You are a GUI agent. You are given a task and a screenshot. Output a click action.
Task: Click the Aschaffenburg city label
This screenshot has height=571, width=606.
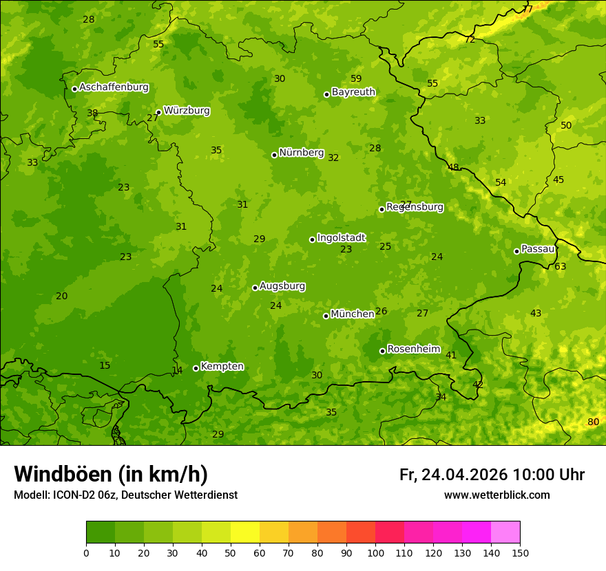tap(114, 87)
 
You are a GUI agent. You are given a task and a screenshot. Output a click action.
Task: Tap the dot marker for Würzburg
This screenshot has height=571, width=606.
tap(158, 112)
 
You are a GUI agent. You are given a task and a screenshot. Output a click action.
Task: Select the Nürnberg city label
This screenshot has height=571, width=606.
tap(301, 153)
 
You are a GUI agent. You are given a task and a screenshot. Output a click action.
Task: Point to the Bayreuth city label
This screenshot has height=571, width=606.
tap(353, 92)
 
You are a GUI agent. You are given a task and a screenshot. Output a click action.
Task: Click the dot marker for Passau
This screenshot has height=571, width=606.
tap(516, 251)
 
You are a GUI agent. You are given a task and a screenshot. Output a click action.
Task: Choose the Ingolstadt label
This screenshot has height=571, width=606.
tap(341, 238)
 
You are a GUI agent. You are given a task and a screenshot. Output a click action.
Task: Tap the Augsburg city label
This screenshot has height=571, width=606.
tap(282, 286)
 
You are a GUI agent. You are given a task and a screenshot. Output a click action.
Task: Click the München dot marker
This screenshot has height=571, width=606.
tap(326, 316)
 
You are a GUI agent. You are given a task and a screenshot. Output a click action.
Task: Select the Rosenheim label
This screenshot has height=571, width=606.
tap(413, 349)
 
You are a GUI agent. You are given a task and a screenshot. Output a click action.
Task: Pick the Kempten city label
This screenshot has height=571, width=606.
tap(222, 367)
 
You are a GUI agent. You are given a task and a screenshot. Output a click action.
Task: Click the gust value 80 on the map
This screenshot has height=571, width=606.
tap(593, 422)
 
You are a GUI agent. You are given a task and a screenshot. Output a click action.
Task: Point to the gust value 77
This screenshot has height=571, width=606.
tap(527, 9)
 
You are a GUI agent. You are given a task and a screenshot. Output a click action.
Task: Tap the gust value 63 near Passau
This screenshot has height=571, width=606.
tap(561, 267)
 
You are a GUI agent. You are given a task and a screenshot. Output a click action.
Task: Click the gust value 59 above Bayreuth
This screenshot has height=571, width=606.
tap(356, 78)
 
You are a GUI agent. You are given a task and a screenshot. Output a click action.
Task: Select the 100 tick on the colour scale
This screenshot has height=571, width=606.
tap(375, 552)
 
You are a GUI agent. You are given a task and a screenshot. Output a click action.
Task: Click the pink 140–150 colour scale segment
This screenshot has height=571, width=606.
tap(505, 532)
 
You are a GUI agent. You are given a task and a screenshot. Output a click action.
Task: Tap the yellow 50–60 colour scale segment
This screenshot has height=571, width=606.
tap(245, 532)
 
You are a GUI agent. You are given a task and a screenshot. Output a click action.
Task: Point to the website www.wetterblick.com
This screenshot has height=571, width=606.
tap(497, 495)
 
